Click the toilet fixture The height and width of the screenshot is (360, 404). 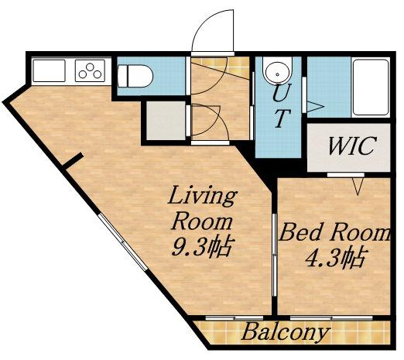[135, 76]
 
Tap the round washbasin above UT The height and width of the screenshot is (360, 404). [277, 74]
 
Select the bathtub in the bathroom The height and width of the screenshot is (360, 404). [371, 87]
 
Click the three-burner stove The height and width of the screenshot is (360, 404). [90, 71]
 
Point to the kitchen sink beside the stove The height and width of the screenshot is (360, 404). [49, 71]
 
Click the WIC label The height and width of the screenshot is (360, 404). [351, 146]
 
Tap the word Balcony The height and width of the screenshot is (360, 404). [286, 333]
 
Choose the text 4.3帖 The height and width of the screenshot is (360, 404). [335, 258]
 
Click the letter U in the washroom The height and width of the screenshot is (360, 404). [279, 93]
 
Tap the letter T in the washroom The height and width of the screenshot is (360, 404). [282, 119]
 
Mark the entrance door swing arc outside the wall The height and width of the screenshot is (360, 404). [204, 23]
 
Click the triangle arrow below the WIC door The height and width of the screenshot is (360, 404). [358, 186]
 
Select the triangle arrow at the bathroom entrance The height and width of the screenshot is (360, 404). [315, 107]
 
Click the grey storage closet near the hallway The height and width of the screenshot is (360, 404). [166, 121]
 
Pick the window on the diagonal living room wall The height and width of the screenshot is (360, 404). [122, 242]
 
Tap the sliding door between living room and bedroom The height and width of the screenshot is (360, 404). [275, 255]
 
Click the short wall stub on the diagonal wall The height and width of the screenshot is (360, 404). [73, 161]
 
